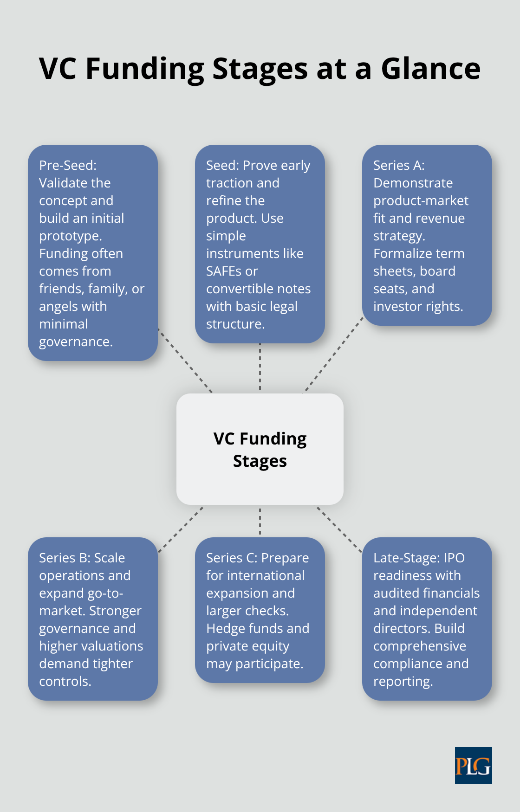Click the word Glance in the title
click(430, 69)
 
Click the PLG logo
click(473, 766)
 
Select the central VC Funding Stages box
click(260, 449)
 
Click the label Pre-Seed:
click(68, 165)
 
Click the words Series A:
click(399, 165)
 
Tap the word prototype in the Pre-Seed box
click(70, 236)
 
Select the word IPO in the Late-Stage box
click(454, 558)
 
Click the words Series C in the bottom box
click(235, 558)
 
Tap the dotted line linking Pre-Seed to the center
click(185, 361)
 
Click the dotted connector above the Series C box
click(260, 521)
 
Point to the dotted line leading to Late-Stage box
click(338, 528)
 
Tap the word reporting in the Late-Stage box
click(402, 681)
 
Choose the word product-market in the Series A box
click(421, 200)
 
